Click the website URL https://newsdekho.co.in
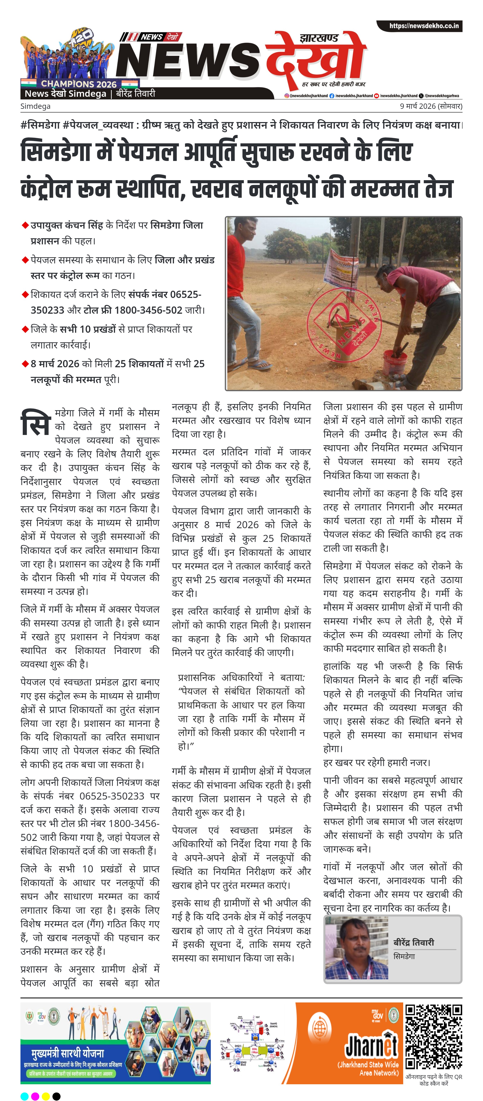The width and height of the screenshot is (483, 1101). click(423, 26)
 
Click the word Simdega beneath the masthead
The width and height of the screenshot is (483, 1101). click(35, 106)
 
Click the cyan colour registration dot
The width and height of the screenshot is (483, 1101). click(24, 1096)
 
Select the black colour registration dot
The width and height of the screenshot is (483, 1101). click(56, 1096)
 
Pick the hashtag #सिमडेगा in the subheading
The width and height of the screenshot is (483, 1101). click(40, 125)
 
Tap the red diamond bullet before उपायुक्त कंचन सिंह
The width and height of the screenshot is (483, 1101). click(25, 225)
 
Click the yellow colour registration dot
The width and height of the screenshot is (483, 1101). click(46, 1096)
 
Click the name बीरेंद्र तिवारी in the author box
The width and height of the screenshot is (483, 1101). click(413, 943)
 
